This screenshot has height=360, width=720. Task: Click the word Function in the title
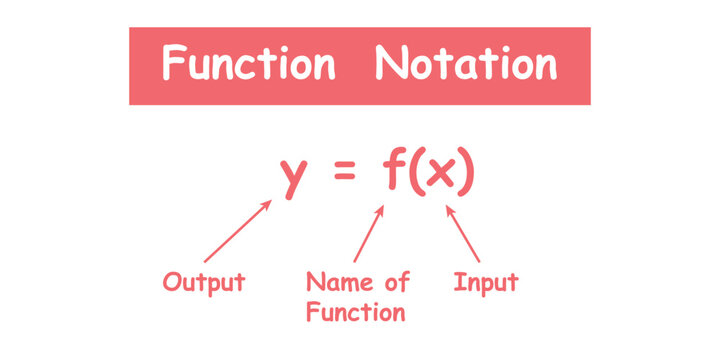pyautogui.click(x=248, y=65)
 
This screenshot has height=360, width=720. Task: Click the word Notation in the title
pyautogui.click(x=465, y=65)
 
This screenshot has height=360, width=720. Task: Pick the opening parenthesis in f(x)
pyautogui.click(x=413, y=174)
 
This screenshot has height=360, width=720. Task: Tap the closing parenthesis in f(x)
pyautogui.click(x=465, y=174)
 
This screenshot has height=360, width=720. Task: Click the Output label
pyautogui.click(x=204, y=282)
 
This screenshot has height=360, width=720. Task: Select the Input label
pyautogui.click(x=486, y=281)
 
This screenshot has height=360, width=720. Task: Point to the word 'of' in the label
pyautogui.click(x=397, y=282)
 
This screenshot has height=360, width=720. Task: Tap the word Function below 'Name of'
pyautogui.click(x=356, y=313)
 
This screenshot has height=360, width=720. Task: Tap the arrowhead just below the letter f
pyautogui.click(x=380, y=212)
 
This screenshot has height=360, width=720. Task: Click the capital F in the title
pyautogui.click(x=174, y=65)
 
